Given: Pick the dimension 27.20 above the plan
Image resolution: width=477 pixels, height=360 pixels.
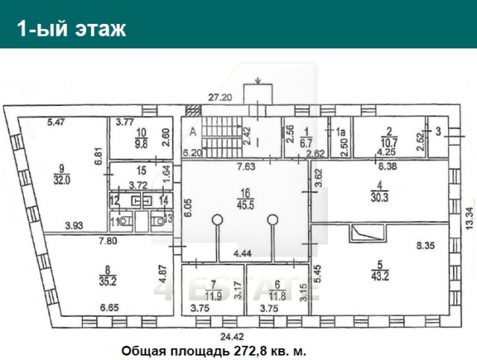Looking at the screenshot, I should [x=220, y=98].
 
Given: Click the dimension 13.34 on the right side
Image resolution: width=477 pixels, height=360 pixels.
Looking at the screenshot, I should [x=467, y=210].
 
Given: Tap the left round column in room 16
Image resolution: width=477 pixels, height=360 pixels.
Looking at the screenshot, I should [x=217, y=220].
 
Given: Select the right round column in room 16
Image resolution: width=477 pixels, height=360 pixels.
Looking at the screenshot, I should [x=274, y=220].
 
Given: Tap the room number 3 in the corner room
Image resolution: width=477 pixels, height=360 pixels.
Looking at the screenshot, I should [x=438, y=132].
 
